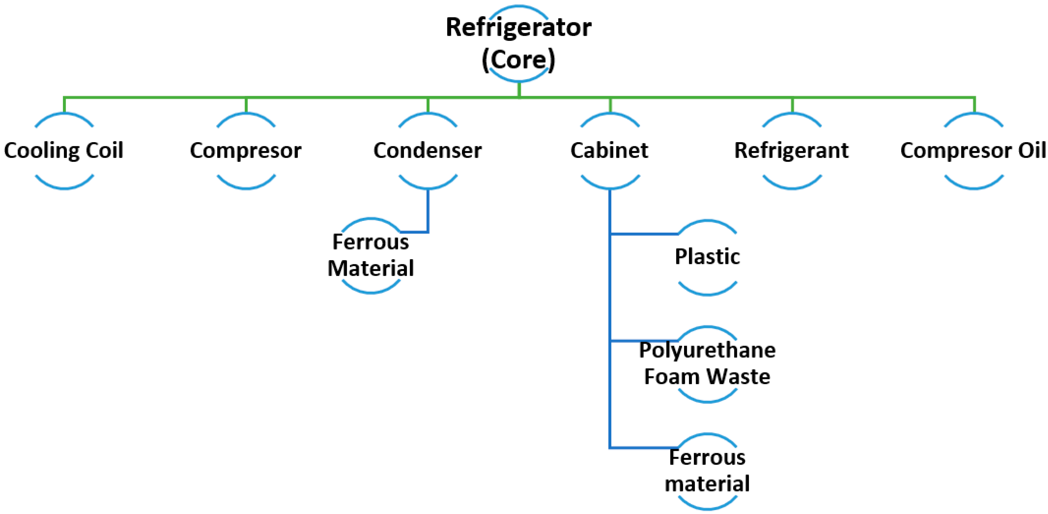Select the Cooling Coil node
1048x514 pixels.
[x=64, y=150]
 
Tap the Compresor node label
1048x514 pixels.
[x=246, y=150]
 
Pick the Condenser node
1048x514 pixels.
[x=428, y=150]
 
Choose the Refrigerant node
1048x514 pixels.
[x=791, y=150]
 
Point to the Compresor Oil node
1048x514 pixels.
[x=973, y=150]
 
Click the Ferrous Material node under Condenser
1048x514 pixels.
[x=370, y=255]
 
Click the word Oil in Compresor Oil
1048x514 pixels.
[x=1031, y=150]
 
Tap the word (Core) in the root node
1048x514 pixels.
[x=518, y=60]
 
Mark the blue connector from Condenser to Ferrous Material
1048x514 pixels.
[x=428, y=212]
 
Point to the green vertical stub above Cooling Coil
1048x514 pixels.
[x=64, y=105]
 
